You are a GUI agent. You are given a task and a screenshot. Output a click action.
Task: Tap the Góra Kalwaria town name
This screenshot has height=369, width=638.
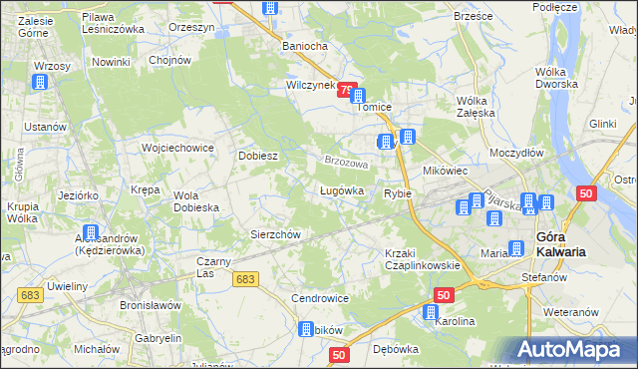pos(560,244)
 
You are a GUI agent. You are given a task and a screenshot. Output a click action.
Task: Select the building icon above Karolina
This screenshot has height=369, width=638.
pos(430,313)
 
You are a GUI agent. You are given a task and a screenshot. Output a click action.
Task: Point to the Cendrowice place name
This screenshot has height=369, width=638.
pos(319,298)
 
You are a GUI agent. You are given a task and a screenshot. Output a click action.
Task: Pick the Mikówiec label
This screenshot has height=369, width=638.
pos(446,171)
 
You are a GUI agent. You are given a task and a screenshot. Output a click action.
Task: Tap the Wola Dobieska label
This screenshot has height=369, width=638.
pos(195,201)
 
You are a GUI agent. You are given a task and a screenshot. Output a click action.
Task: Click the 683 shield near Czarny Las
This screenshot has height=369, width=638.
pos(247,280)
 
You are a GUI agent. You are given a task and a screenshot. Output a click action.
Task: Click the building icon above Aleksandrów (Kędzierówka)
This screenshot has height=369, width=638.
pos(91,232)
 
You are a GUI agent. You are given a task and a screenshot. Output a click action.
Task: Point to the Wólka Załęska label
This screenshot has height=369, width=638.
pos(477,107)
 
